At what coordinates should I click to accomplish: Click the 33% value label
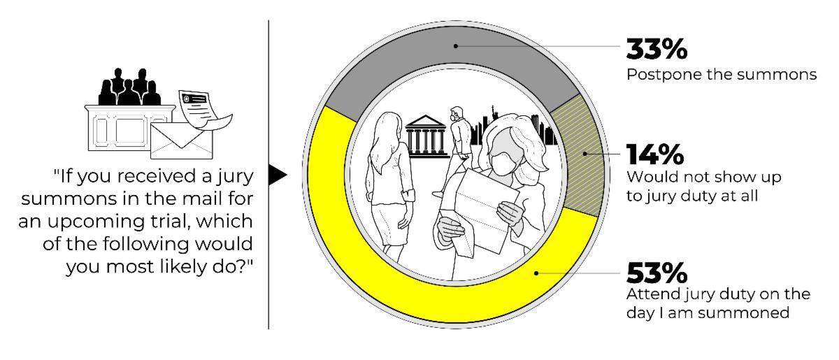click(657, 49)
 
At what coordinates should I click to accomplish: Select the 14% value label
click(655, 154)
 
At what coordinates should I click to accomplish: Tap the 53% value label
click(657, 273)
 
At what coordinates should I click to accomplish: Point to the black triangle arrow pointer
click(277, 175)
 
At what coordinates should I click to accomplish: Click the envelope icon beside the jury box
click(181, 141)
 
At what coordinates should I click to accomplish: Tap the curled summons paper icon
click(203, 110)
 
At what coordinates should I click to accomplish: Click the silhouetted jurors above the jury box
click(129, 87)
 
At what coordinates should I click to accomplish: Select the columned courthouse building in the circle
click(426, 136)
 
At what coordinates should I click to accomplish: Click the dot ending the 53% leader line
click(536, 273)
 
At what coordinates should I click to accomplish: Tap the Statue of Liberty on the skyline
click(492, 113)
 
